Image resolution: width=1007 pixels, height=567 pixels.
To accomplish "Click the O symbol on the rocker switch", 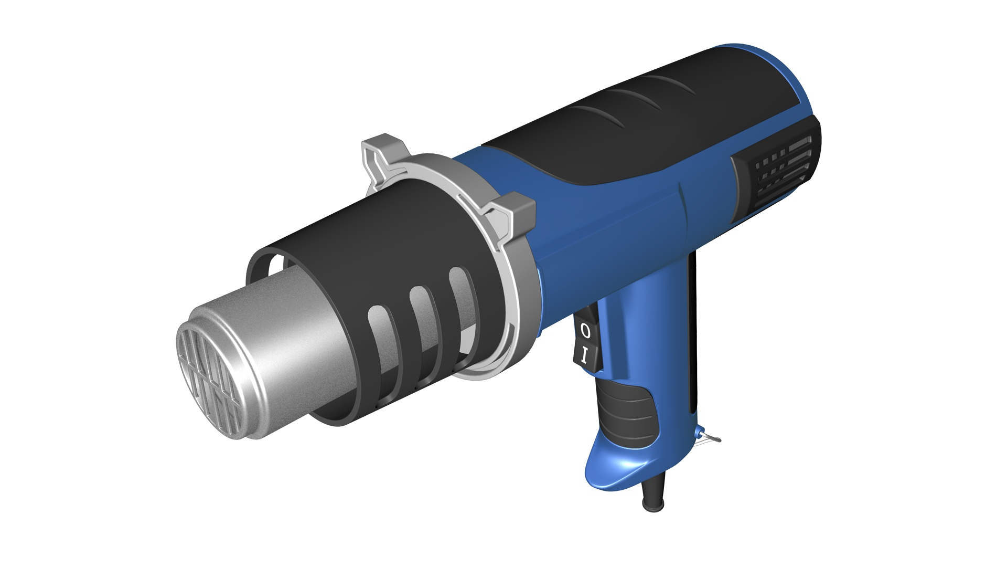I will pyautogui.click(x=586, y=331).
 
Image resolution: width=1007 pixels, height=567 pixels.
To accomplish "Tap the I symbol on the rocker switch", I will pyautogui.click(x=585, y=356).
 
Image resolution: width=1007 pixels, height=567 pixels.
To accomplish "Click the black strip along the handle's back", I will pyautogui.click(x=693, y=336).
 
